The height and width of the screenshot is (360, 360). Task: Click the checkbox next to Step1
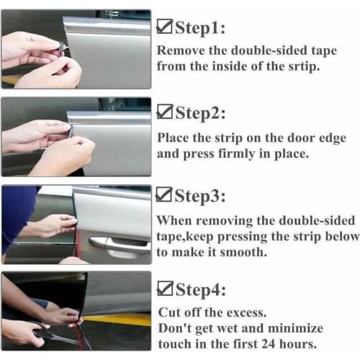click(163, 28)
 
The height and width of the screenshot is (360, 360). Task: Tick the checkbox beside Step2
click(163, 114)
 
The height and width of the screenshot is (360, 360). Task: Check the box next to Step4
click(163, 291)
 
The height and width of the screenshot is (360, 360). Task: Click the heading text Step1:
click(201, 29)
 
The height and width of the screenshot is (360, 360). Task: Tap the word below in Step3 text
click(343, 236)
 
